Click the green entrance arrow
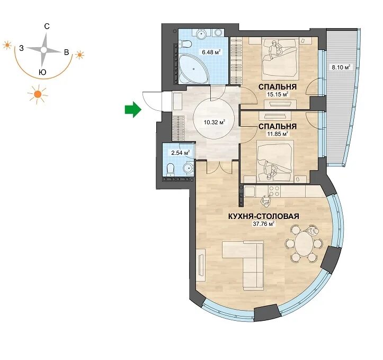[x=133, y=109]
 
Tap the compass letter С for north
[x=47, y=26]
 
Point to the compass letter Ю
[x=42, y=72]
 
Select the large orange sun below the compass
[x=38, y=94]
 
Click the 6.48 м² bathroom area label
[x=211, y=52]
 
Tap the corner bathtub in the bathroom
[x=193, y=69]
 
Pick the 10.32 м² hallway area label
[x=214, y=122]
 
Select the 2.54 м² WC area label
[x=181, y=153]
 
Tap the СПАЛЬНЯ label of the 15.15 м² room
[x=278, y=87]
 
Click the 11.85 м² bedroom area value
[x=278, y=134]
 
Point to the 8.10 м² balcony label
[x=341, y=67]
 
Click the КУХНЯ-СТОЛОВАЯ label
[x=264, y=216]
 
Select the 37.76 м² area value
[x=264, y=224]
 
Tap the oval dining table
[x=304, y=244]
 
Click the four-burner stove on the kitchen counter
[x=274, y=191]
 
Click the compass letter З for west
[x=22, y=48]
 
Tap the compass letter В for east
[x=66, y=52]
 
